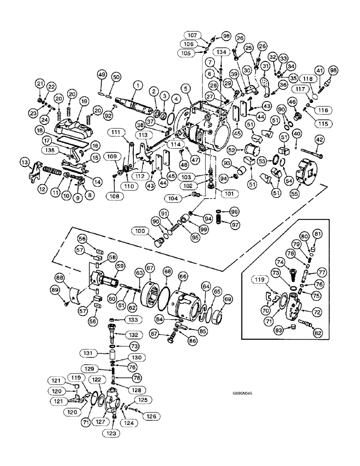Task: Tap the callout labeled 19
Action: coord(83,101)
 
